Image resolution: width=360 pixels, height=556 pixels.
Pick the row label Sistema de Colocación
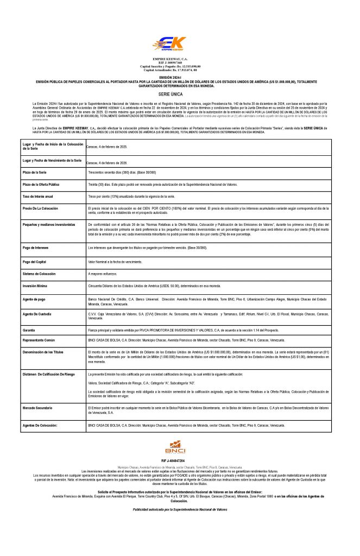pyautogui.click(x=39, y=274)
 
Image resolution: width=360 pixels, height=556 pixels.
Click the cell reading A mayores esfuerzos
pyautogui.click(x=106, y=274)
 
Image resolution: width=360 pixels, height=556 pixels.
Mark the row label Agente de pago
pyautogui.click(x=35, y=299)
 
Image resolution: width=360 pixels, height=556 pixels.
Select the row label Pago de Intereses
pyautogui.click(x=36, y=248)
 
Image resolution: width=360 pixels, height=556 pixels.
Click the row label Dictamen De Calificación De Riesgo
pyautogui.click(x=48, y=375)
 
